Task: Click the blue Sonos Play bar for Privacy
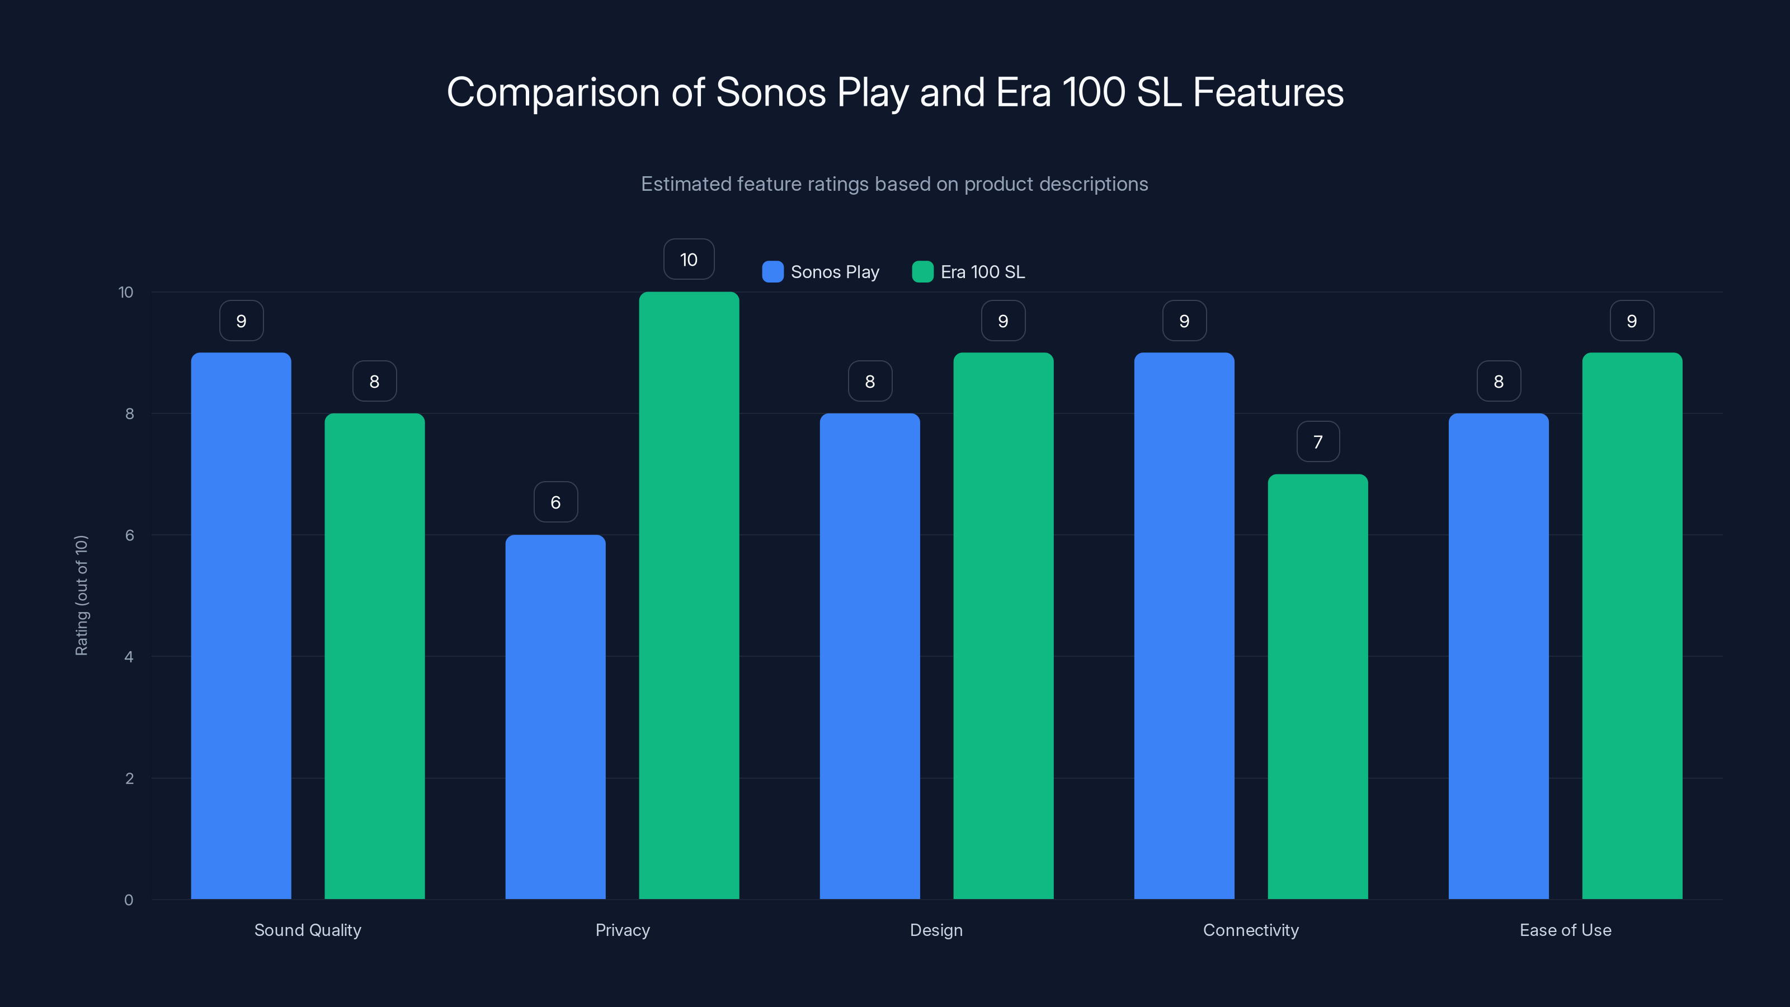(555, 716)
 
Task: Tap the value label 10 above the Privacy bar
(689, 259)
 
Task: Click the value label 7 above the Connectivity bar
(1317, 441)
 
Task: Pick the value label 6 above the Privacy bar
(555, 502)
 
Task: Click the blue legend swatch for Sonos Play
(772, 272)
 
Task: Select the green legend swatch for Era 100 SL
(922, 272)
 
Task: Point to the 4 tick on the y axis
(129, 657)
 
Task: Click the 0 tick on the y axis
(129, 900)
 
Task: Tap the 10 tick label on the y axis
(126, 292)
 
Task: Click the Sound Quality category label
(308, 930)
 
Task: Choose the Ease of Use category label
(1565, 930)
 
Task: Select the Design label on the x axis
(936, 930)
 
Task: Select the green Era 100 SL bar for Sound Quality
(375, 656)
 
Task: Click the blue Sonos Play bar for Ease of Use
(1498, 656)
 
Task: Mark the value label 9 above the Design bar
(1003, 321)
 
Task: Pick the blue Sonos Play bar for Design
(869, 656)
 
